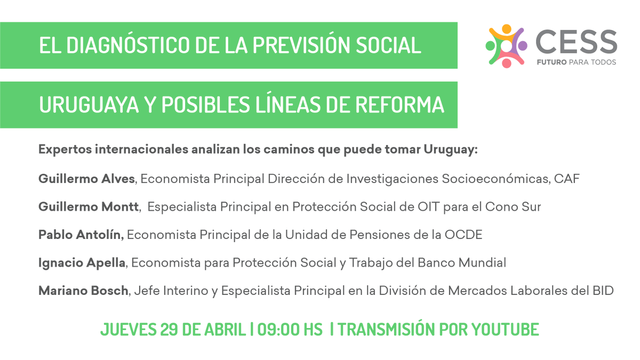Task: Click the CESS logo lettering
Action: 576,42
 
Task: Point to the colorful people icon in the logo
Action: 506,46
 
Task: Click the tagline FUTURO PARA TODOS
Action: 576,62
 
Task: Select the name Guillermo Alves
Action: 86,179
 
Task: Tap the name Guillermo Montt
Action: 89,206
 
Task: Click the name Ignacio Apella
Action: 82,262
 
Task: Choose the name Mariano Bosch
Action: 83,291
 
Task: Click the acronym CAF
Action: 567,179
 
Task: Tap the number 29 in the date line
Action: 169,329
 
